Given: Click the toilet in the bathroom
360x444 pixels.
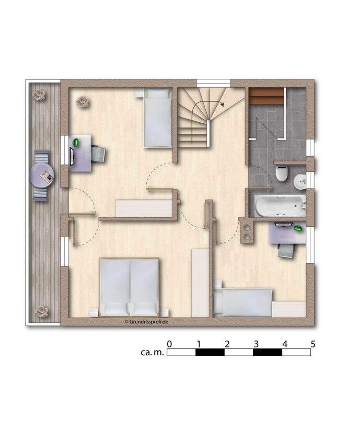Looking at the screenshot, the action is [282, 173].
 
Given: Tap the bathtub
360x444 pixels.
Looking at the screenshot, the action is [280, 206].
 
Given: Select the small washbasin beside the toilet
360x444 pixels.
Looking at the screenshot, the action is [300, 182].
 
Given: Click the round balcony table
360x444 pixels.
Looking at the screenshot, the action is [42, 176].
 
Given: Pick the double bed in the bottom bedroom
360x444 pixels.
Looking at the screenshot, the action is [129, 287].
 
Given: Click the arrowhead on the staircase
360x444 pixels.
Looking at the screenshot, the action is [223, 104].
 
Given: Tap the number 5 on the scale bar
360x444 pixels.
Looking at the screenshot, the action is [312, 344].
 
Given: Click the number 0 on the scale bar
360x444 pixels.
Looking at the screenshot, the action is [169, 344].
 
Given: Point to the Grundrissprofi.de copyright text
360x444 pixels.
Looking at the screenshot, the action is [146, 322].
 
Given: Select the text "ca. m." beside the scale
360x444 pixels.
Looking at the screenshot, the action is [153, 353].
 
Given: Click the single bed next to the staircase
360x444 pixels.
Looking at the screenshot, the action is [158, 118].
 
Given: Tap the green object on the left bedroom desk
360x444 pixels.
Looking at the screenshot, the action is [76, 142].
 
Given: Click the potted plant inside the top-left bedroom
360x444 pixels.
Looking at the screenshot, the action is [83, 102].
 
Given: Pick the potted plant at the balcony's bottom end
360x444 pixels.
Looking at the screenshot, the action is [42, 311].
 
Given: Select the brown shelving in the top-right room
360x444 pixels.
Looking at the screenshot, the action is [266, 96].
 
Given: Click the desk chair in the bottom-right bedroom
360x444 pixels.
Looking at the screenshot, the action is [287, 251].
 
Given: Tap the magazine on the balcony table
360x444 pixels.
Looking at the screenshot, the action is [47, 176].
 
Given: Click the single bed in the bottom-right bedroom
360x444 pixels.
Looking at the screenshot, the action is [243, 302].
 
